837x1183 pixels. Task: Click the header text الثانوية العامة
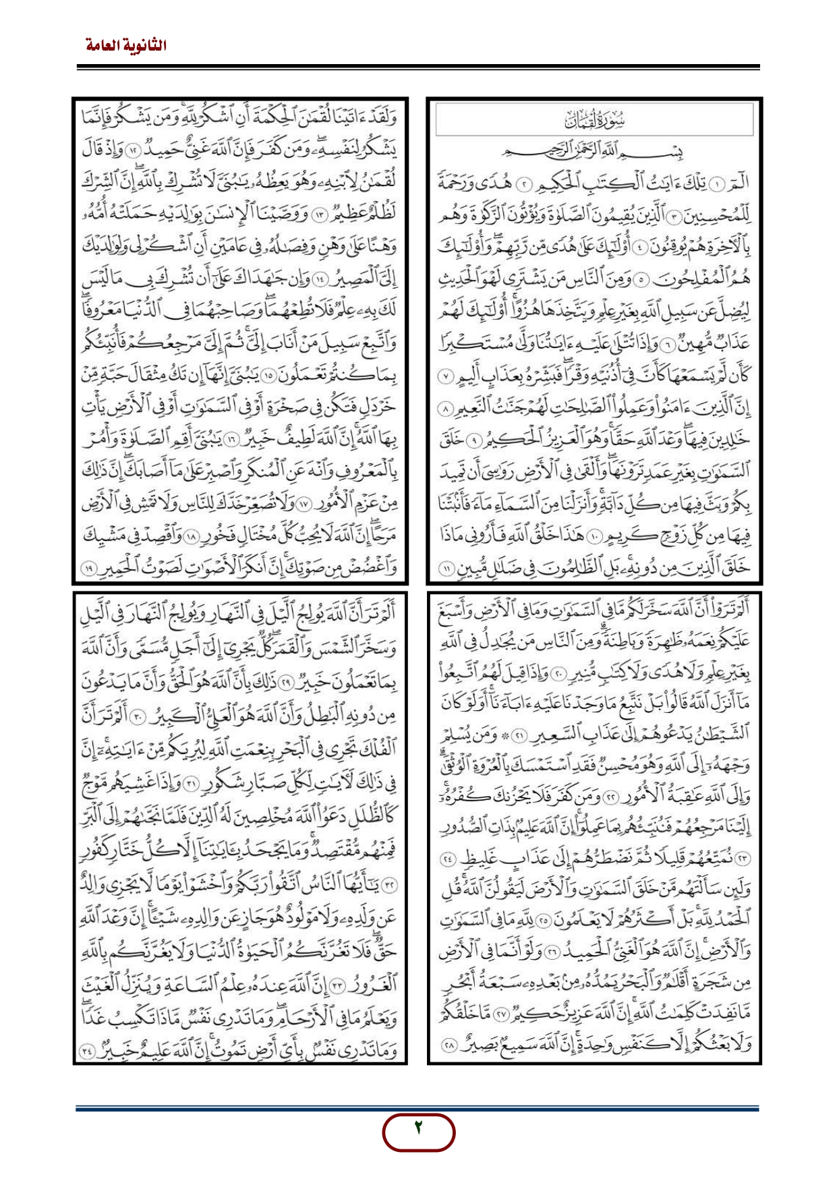coord(126,46)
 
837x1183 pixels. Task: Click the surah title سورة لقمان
coord(594,121)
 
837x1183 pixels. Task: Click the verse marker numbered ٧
coord(442,376)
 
